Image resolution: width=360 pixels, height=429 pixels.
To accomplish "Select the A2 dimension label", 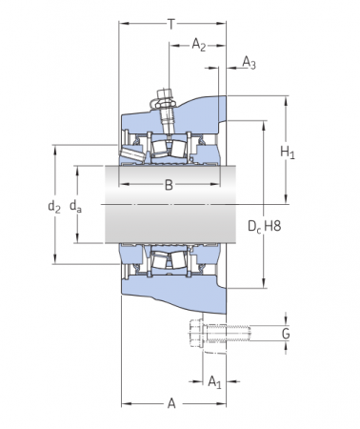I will pyautogui.click(x=198, y=44).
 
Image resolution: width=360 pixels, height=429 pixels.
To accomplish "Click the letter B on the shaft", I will pyautogui.click(x=169, y=185).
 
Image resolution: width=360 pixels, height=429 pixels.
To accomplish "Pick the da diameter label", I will pyautogui.click(x=78, y=206).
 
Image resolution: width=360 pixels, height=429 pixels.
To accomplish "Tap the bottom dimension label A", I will pyautogui.click(x=172, y=404).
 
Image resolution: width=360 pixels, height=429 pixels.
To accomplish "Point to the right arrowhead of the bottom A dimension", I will pyautogui.click(x=223, y=404).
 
